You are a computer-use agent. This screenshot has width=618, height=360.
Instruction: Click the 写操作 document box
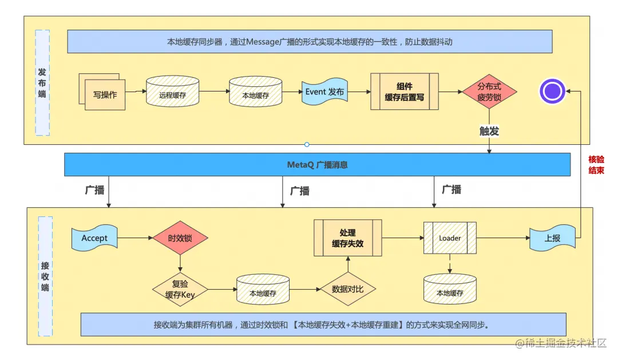[105, 94]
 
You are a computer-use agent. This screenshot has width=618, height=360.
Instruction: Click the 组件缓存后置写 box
[404, 92]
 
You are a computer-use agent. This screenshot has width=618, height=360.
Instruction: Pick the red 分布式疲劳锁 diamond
[489, 92]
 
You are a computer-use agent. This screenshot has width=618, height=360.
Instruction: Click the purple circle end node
[552, 91]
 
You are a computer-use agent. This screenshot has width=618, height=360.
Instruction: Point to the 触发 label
[489, 131]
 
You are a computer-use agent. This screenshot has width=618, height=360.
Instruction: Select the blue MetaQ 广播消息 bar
[317, 165]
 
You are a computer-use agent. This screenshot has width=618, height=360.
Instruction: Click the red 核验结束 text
[596, 165]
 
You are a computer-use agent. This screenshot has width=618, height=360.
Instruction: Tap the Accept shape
[94, 238]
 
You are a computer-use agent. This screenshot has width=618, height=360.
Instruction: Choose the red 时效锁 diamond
[180, 238]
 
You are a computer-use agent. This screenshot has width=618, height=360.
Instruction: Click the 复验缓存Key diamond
[181, 290]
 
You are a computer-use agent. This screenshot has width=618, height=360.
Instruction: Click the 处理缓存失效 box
[347, 238]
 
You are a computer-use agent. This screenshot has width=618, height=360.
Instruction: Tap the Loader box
[450, 238]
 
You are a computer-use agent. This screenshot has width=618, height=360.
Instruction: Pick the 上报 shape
[552, 238]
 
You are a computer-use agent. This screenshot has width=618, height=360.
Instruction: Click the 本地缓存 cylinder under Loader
[450, 290]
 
